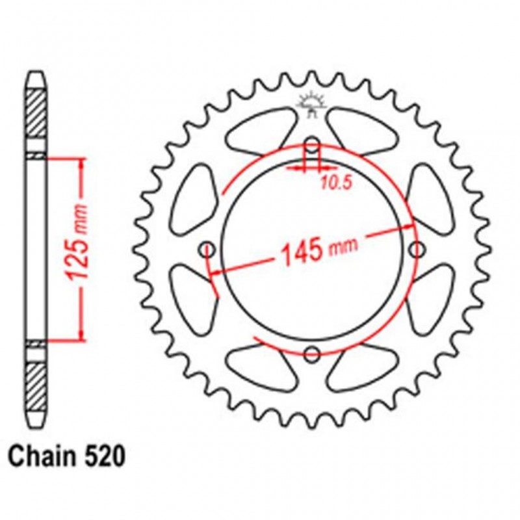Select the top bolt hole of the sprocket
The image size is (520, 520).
point(313,144)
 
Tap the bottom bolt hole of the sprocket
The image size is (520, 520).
point(313,354)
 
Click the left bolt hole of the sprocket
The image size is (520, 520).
point(208,249)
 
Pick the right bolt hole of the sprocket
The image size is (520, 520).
point(417,249)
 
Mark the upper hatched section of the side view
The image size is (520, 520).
point(36,121)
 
